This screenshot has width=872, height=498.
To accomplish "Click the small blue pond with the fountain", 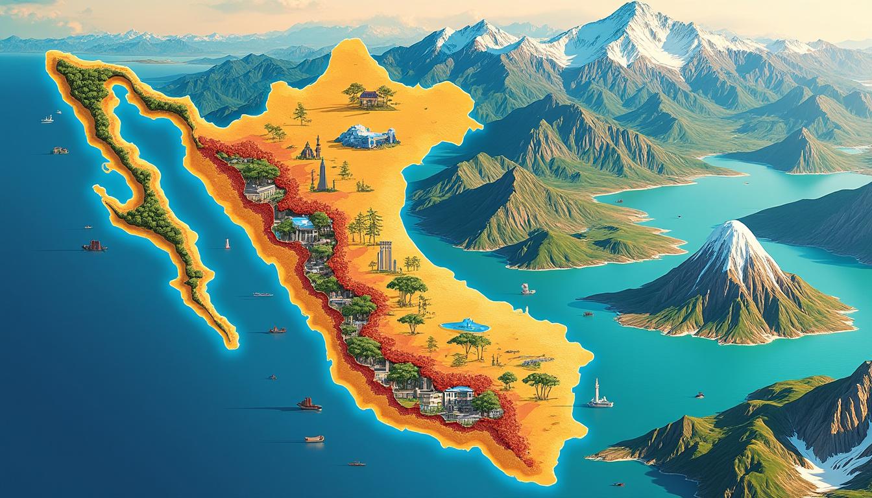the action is (x=465, y=326).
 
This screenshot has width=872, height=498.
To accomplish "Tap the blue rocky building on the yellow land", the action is (x=365, y=137).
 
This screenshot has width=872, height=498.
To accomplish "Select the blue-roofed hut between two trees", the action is (x=369, y=97).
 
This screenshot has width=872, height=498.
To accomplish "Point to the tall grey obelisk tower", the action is (x=322, y=174).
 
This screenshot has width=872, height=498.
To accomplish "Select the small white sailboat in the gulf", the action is (x=227, y=244).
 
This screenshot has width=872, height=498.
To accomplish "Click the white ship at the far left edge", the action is (x=47, y=119).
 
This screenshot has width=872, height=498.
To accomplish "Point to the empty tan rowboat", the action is (x=315, y=438).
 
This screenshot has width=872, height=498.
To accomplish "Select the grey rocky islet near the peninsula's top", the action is (x=60, y=150).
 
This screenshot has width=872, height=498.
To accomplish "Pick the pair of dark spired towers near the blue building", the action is (x=311, y=148).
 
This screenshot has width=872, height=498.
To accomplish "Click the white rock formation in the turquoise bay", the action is (x=527, y=289).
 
